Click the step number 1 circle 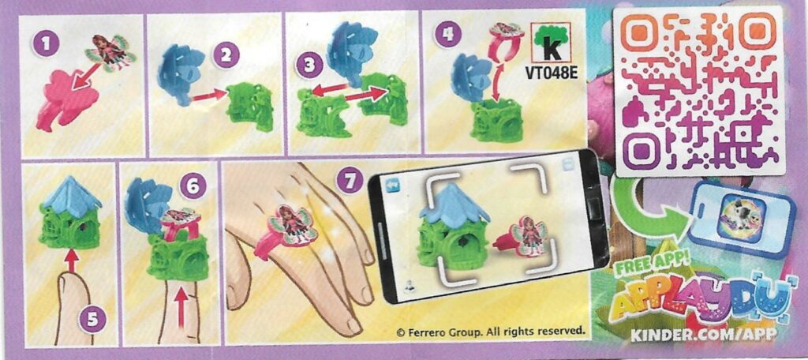(46, 44)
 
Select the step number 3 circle (309, 66)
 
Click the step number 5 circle (92, 321)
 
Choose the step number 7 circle (350, 181)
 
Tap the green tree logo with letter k (552, 44)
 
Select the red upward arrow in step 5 (71, 260)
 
